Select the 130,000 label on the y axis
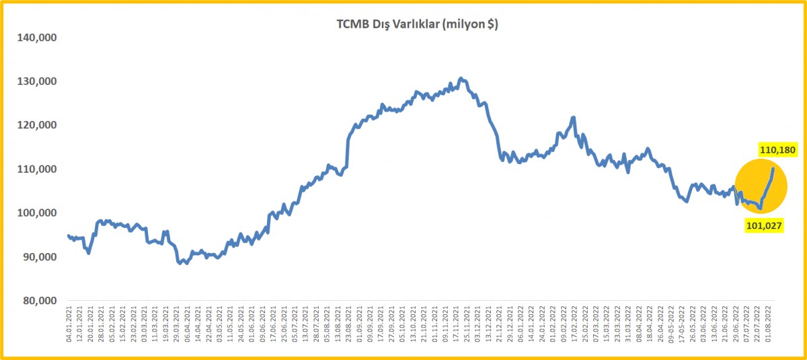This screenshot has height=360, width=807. [36, 81]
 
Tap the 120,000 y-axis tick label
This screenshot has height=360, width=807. [36, 125]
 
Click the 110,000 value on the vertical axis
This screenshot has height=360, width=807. [36, 169]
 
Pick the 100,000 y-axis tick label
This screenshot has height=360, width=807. [36, 213]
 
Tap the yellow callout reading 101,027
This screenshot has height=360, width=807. [765, 226]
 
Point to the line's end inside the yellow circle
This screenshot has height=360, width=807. [773, 169]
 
